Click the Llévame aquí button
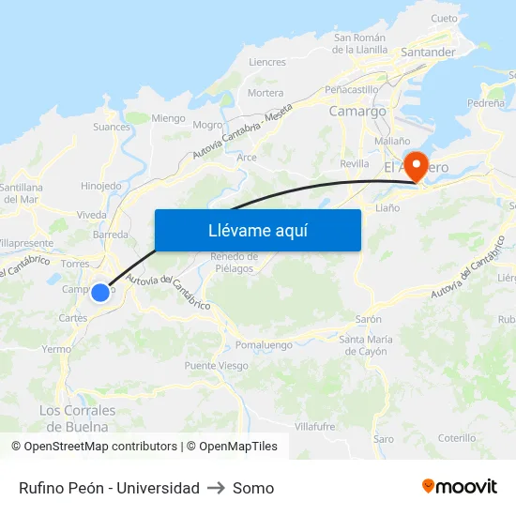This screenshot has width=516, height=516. (257, 230)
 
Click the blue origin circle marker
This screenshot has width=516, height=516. (100, 292)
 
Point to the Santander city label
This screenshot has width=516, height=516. (428, 53)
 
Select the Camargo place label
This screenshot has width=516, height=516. (357, 111)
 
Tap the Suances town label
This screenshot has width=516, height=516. (112, 127)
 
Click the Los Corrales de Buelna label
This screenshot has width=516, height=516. (78, 417)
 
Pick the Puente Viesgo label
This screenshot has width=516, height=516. (216, 366)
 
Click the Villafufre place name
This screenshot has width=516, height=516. (314, 426)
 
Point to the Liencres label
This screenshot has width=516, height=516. (267, 63)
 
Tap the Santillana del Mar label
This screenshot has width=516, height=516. (21, 193)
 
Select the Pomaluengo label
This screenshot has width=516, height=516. (266, 344)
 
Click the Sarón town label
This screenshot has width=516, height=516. (369, 319)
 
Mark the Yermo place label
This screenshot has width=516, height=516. (56, 349)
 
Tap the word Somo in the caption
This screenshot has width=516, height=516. (253, 488)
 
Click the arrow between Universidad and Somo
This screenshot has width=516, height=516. (217, 488)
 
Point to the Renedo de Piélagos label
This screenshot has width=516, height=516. (234, 263)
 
